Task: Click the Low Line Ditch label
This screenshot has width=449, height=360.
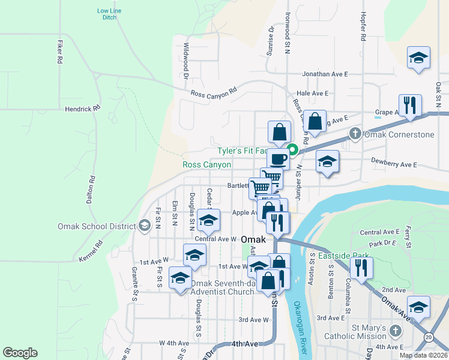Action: point(109,14)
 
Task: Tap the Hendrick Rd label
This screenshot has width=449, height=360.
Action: point(83,109)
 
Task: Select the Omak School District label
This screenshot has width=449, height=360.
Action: point(97,226)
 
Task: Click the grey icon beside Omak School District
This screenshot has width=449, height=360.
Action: point(144,226)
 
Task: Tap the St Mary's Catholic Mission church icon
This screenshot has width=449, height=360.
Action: point(396,331)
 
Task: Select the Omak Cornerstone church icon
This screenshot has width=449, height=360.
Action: point(355,134)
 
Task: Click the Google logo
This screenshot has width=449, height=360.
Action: point(20,353)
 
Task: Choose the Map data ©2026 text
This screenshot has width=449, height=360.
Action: point(423,355)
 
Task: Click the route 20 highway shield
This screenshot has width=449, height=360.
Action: point(428,338)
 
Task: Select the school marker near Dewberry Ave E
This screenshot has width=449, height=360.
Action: point(327,161)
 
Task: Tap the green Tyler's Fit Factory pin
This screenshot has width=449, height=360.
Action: point(292,149)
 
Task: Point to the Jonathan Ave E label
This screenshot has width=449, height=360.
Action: point(325,74)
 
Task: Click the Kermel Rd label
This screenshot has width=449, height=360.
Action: point(91,250)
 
